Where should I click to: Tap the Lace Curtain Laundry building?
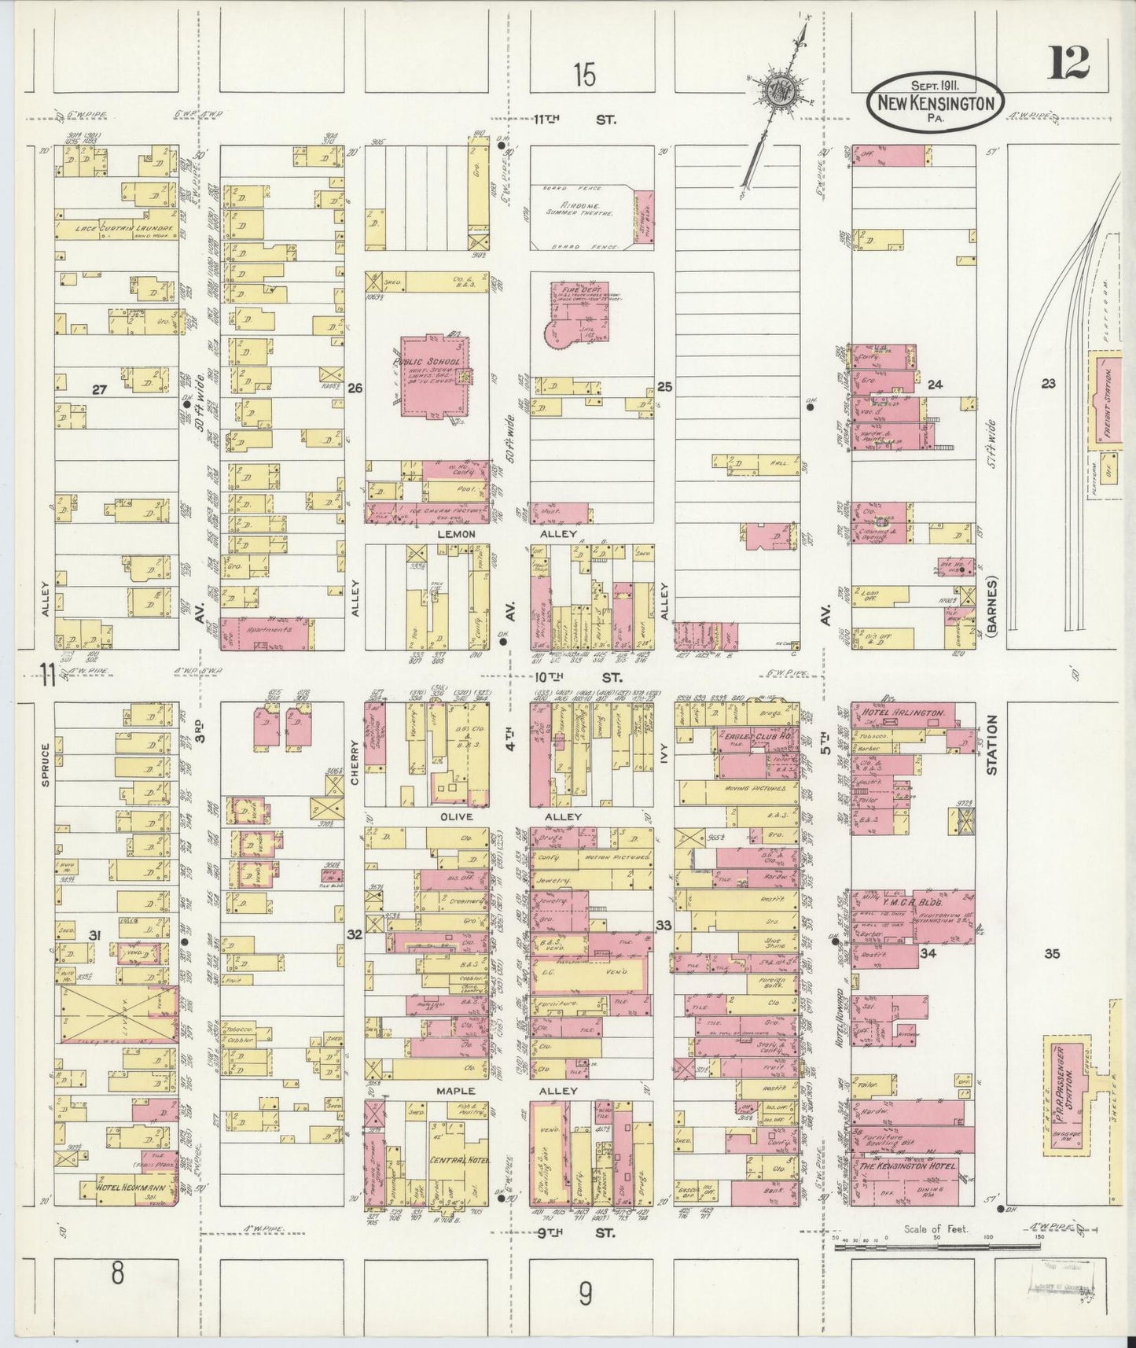click(x=118, y=227)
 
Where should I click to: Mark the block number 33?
click(x=664, y=926)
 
